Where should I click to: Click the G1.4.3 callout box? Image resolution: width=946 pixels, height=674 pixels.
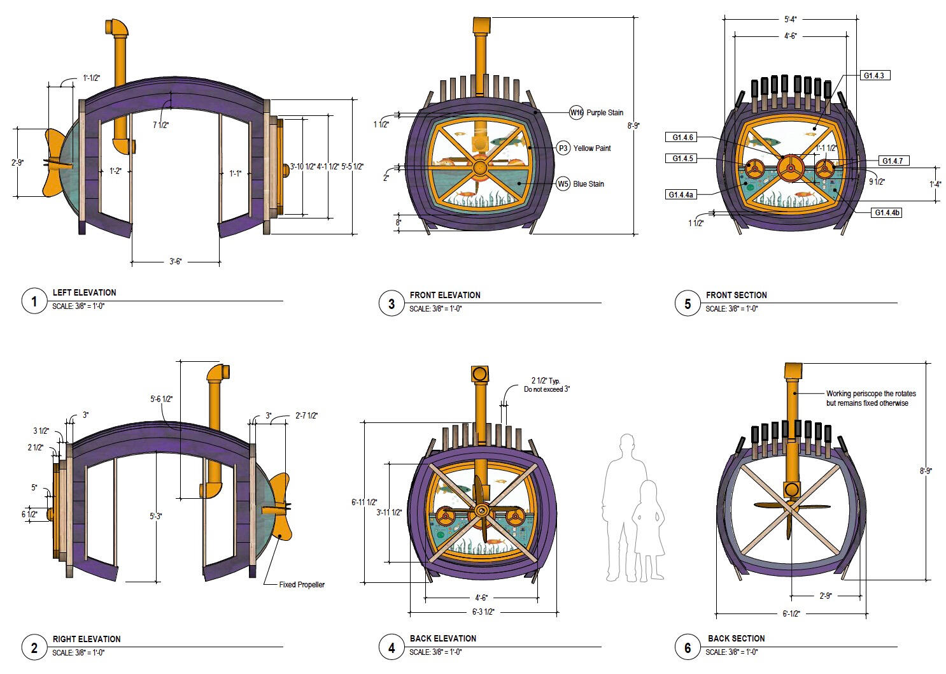coord(875,76)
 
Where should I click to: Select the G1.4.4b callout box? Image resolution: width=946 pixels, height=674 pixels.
coord(886,213)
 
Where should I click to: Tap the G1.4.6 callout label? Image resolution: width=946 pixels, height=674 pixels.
coord(682,138)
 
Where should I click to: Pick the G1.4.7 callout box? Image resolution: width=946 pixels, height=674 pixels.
coord(894,161)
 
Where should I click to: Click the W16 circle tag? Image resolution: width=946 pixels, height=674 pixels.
coord(576,112)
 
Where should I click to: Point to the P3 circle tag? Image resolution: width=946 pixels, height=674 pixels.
coord(563,148)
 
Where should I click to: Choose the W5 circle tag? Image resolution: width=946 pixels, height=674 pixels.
coord(563,184)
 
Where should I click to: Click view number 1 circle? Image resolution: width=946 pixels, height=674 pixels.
coord(34,301)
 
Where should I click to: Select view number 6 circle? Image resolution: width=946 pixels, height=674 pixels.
coord(688,647)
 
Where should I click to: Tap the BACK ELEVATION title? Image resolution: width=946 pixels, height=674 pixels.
coord(443,638)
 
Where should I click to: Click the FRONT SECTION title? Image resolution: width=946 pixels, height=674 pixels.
coord(737,295)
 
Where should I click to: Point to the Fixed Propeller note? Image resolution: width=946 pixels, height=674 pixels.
coord(302,584)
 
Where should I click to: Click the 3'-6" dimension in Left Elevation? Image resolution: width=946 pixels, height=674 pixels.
coord(175,262)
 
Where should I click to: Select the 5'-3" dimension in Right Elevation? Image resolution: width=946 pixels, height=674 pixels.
coord(156,516)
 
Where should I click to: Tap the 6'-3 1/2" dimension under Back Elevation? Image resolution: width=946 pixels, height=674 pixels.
coord(483,612)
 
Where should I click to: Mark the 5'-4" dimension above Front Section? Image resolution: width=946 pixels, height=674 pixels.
coord(790,19)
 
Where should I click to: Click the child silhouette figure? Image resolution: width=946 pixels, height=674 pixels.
coord(648,530)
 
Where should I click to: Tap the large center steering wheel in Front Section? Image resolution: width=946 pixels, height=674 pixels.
coord(790,169)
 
